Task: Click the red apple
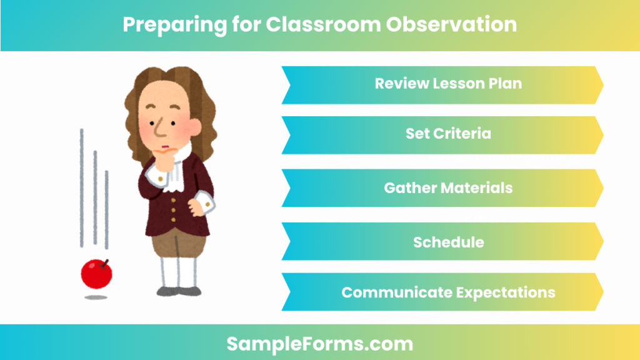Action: click(96, 274)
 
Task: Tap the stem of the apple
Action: click(104, 262)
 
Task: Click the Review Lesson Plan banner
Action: click(442, 84)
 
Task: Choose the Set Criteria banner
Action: click(442, 134)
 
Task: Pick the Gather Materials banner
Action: click(442, 187)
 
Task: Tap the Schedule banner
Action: click(442, 242)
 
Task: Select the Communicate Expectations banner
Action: click(442, 292)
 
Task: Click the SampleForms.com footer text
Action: click(319, 343)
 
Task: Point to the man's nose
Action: click(161, 129)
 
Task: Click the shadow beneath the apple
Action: click(96, 297)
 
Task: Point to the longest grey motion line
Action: click(81, 187)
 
